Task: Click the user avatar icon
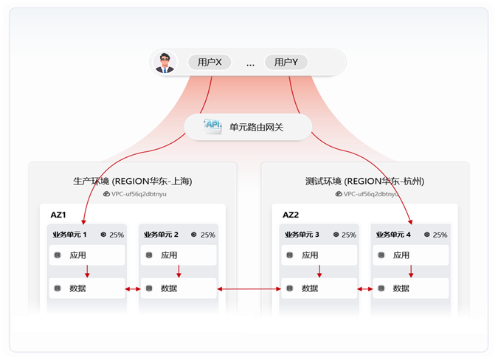coord(165,62)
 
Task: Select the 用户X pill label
coord(210,62)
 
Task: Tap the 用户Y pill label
coord(286,62)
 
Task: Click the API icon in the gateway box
coord(212,126)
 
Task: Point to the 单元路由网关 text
coord(256,128)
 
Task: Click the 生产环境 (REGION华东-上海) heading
coord(133,181)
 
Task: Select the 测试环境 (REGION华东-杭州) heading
coord(364,181)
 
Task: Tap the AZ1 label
coord(58,215)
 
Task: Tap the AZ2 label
coord(291,215)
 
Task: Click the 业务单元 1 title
coord(69,235)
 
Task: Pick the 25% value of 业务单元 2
coord(208,235)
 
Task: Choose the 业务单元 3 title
coord(302,235)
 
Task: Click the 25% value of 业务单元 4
coord(440,235)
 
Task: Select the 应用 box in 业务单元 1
coord(87,255)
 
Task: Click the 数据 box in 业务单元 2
coord(179,288)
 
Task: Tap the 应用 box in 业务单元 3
coord(319,255)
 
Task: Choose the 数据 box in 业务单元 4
coord(411,288)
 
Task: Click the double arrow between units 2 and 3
coord(249,289)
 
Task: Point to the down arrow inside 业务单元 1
coord(87,271)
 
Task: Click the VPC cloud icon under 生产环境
coord(107,194)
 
